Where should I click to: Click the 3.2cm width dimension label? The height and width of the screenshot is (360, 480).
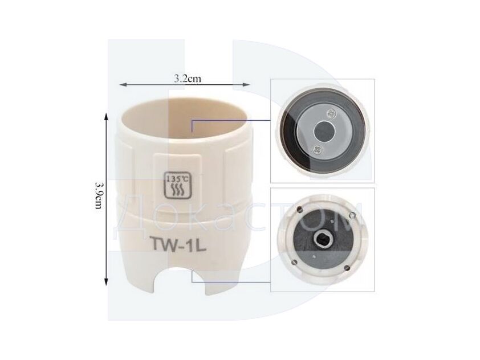pos(188,79)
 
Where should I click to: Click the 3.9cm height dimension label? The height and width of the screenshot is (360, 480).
pos(99,196)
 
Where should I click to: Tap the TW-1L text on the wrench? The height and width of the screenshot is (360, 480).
pos(177,245)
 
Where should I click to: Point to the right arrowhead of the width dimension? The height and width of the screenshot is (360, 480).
pos(247,85)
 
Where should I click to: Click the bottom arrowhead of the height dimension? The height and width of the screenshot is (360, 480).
pos(106,282)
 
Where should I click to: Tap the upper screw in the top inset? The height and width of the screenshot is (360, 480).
pos(331,113)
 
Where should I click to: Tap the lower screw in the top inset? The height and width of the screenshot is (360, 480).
pos(316,150)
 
